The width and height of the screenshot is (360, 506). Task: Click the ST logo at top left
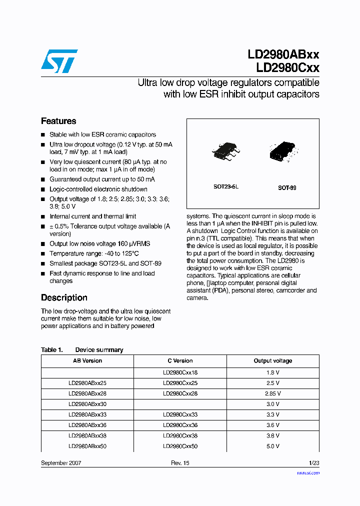pyautogui.click(x=59, y=60)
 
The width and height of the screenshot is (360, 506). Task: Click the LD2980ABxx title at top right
pyautogui.click(x=283, y=54)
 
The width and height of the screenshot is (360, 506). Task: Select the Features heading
pyautogui.click(x=58, y=121)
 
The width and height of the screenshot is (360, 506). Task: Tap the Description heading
pyautogui.click(x=64, y=297)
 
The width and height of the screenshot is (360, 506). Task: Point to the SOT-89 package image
pyautogui.click(x=282, y=151)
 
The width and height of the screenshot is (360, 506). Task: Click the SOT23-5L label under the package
pyautogui.click(x=226, y=186)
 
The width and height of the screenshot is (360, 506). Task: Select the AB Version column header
pyautogui.click(x=87, y=360)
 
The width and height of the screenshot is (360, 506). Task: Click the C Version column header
pyautogui.click(x=180, y=360)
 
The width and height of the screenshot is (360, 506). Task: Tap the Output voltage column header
pyautogui.click(x=273, y=360)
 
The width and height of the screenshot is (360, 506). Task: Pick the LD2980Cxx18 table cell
pyautogui.click(x=180, y=372)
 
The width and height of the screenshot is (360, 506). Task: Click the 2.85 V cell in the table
pyautogui.click(x=273, y=393)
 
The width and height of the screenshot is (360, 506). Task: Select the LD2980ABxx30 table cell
pyautogui.click(x=87, y=404)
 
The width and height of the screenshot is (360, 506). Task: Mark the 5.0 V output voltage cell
pyautogui.click(x=273, y=446)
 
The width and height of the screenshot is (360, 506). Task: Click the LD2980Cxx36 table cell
pyautogui.click(x=180, y=425)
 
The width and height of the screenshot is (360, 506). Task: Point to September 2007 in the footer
pyautogui.click(x=61, y=463)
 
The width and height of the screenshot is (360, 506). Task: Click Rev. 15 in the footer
pyautogui.click(x=180, y=463)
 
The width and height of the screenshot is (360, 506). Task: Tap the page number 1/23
pyautogui.click(x=313, y=463)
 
